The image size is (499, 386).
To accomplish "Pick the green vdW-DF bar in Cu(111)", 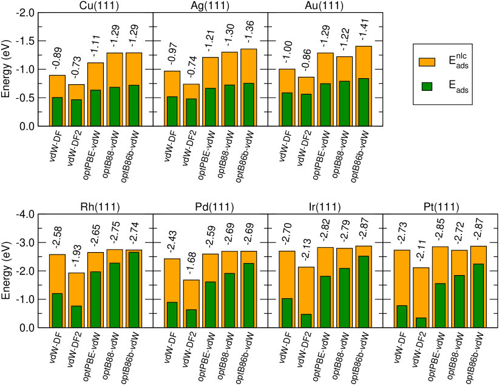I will (x=57, y=111).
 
